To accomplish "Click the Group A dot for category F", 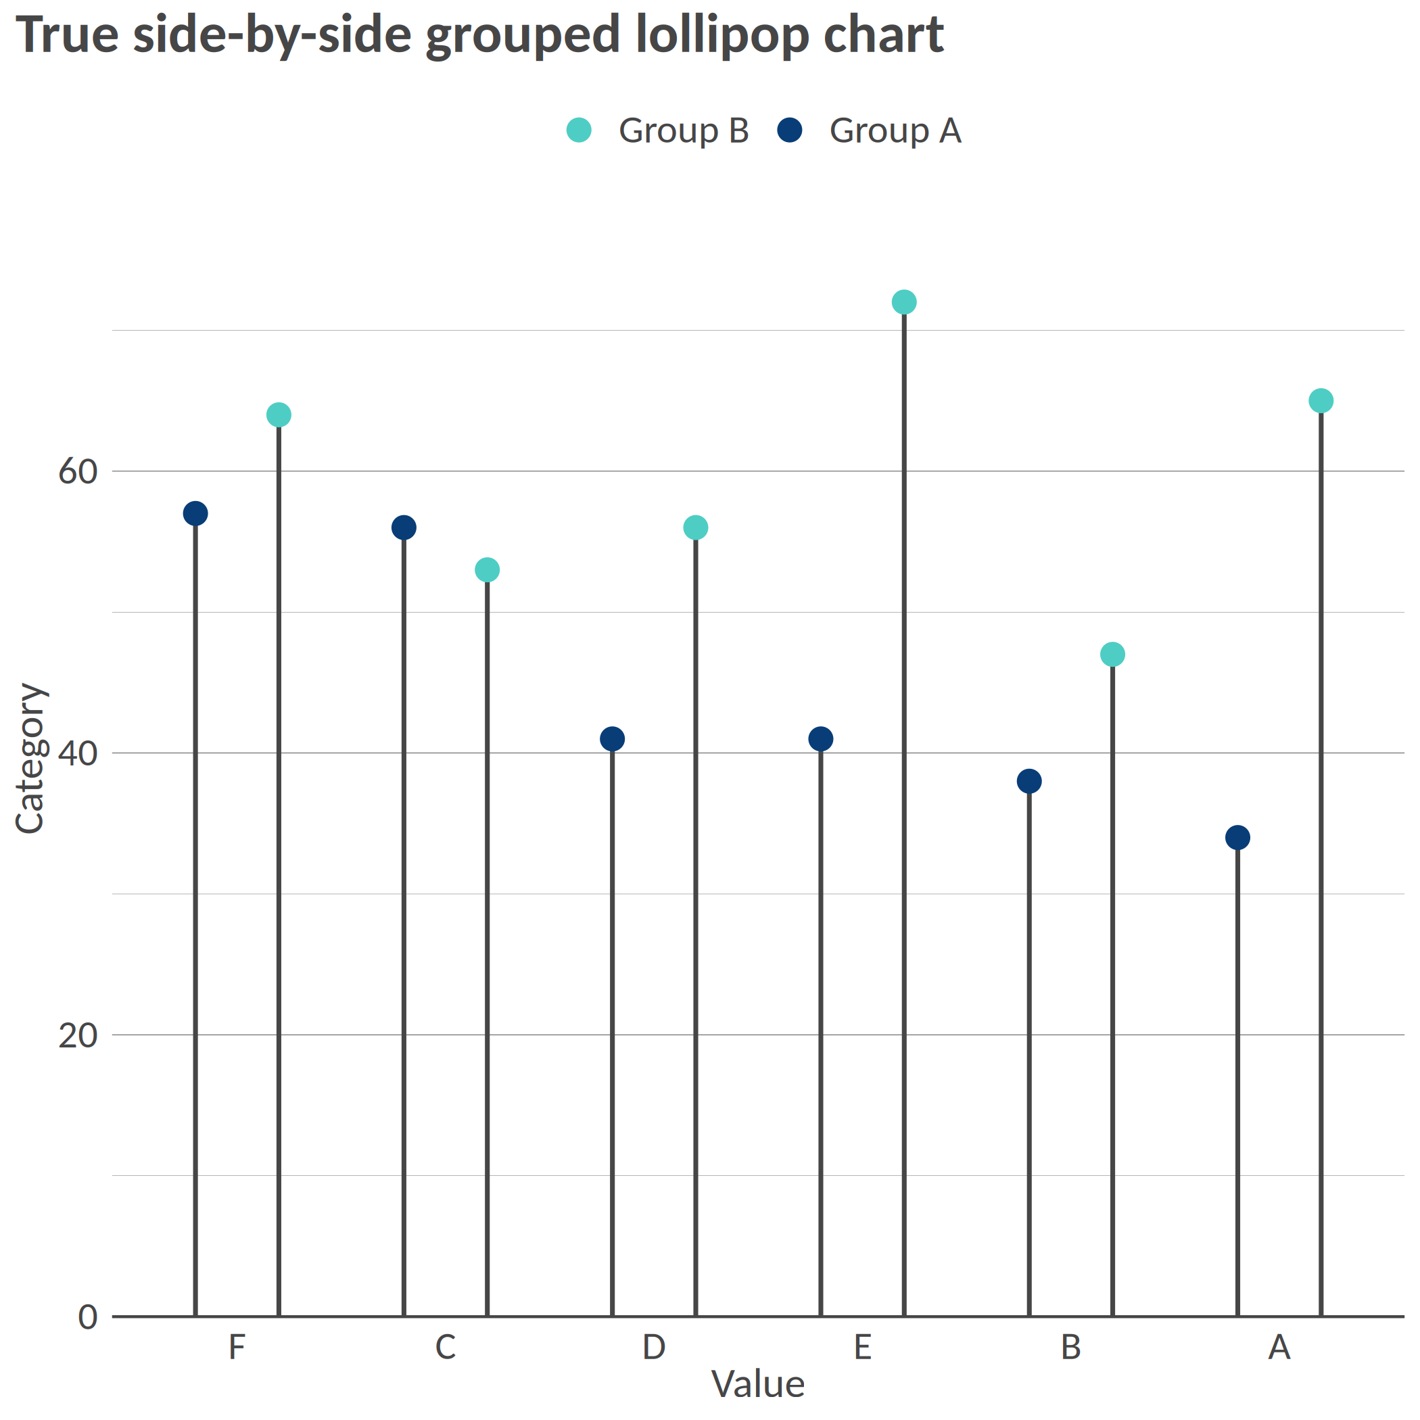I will coord(195,513).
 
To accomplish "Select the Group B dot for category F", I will coord(279,415).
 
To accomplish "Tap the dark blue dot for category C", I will coord(404,527).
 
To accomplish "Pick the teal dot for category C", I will coord(488,569).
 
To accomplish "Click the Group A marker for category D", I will coord(612,738).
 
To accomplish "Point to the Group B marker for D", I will coord(695,527).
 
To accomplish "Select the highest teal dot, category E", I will coord(904,302).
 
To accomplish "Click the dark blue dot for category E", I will coord(821,738).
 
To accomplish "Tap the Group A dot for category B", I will coord(1029,781).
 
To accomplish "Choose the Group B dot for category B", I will coord(1113,654).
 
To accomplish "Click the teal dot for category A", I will coord(1321,400).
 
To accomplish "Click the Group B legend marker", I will coord(579,130).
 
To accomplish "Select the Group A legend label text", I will coord(895,131).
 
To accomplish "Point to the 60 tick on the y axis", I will coord(78,471).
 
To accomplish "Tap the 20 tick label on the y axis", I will coord(78,1036).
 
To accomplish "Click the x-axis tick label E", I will coord(863,1347).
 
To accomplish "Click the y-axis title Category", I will coord(31,759).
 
